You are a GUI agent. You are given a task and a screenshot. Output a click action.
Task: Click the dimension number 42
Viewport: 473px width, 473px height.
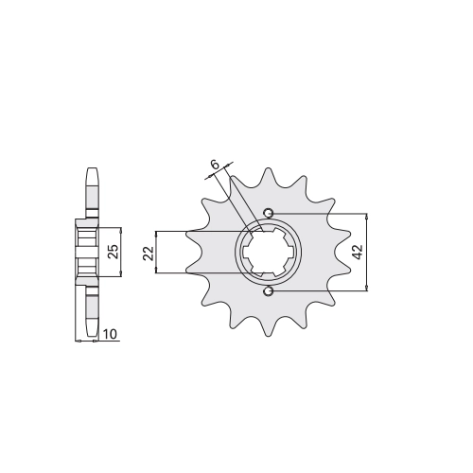point(358,252)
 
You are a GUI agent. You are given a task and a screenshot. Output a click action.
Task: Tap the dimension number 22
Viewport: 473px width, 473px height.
point(149,253)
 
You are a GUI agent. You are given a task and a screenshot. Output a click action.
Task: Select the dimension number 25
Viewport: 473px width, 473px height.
point(113,252)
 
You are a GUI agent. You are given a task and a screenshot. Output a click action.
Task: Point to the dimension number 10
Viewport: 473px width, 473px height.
point(110,334)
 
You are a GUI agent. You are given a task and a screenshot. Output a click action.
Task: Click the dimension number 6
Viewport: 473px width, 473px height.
point(215,165)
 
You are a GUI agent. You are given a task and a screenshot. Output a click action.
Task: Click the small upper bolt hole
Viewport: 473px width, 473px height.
point(269,214)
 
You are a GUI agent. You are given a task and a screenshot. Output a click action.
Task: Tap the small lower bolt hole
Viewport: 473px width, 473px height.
point(269,291)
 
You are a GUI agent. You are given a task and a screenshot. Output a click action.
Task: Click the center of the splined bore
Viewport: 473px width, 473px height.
point(268,253)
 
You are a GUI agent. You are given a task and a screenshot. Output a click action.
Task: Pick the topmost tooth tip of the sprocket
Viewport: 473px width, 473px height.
point(268,168)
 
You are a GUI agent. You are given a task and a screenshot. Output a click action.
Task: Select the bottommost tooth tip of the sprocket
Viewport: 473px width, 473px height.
point(268,336)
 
